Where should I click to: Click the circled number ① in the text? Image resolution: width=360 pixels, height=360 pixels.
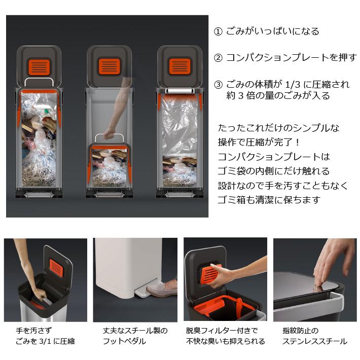218,31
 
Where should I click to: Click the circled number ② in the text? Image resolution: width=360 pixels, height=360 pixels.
218,57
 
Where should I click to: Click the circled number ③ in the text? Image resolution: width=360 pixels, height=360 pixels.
218,84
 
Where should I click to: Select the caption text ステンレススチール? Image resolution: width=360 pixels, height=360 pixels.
315,341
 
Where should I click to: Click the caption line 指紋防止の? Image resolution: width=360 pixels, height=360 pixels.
300,331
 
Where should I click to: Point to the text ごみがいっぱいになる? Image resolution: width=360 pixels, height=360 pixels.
272,31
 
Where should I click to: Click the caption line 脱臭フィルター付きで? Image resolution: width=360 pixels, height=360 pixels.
222,331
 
